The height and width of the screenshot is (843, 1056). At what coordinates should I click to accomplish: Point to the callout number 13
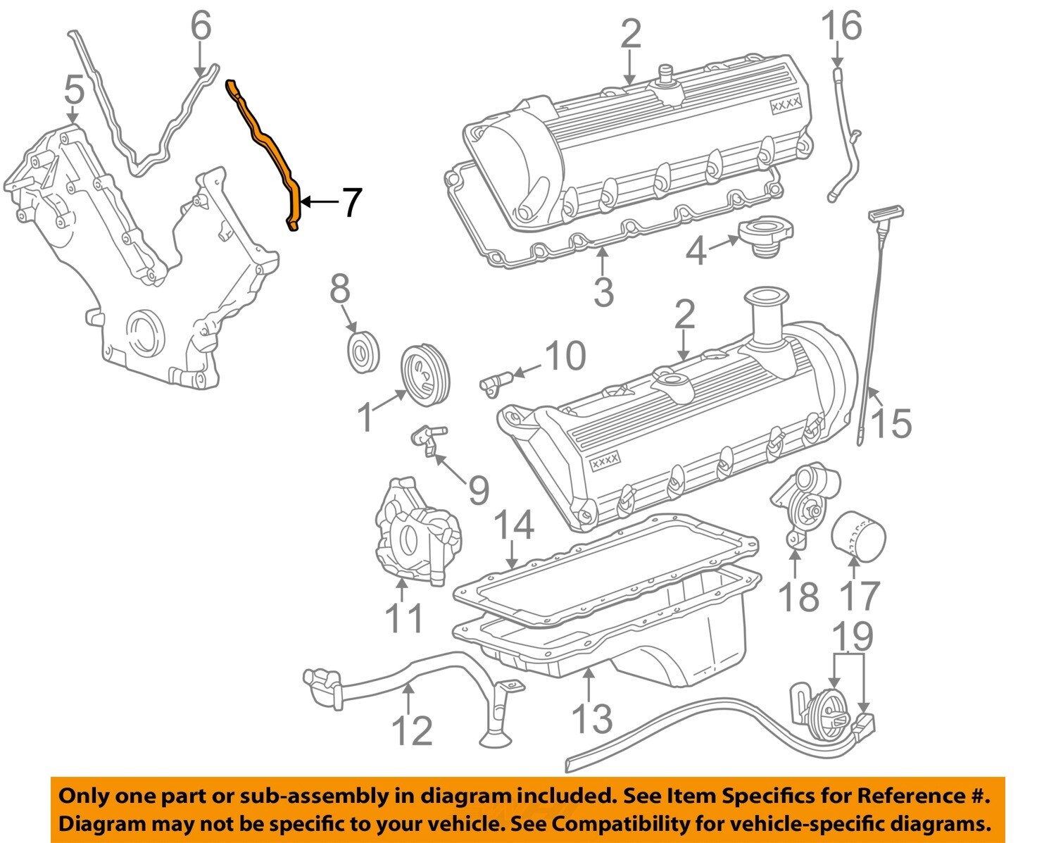click(591, 718)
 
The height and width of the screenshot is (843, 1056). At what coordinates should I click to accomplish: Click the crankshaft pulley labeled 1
click(425, 374)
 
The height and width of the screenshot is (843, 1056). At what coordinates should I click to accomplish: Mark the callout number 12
click(411, 730)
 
